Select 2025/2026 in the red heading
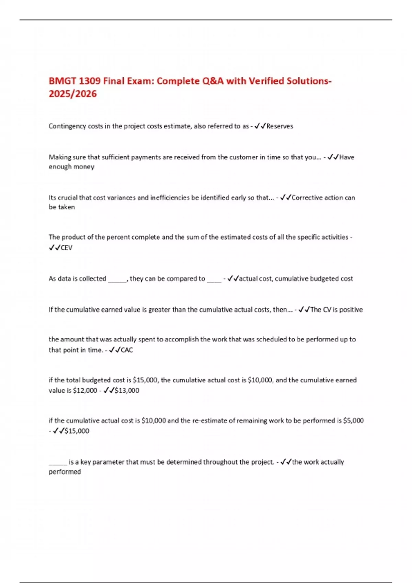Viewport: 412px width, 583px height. (72, 94)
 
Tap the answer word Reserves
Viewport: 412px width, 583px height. (279, 126)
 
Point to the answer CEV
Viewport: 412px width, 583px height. (66, 248)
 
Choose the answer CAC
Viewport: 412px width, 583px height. (127, 350)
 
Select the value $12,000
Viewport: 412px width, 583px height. (85, 390)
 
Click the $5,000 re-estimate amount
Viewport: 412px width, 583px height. (353, 420)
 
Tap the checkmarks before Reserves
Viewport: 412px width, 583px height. (260, 126)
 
